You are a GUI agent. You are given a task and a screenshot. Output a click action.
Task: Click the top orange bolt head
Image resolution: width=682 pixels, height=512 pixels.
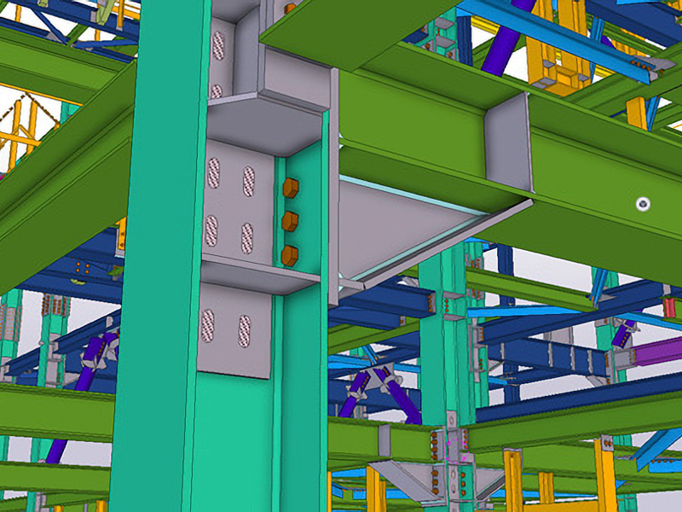tap(290, 188)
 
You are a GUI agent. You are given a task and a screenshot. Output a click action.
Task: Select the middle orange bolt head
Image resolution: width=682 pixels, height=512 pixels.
tap(290, 221)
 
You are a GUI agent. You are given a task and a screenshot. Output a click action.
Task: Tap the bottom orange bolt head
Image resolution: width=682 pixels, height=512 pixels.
tap(290, 255)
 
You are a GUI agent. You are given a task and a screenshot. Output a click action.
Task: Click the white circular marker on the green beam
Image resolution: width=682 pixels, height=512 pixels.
tap(643, 204)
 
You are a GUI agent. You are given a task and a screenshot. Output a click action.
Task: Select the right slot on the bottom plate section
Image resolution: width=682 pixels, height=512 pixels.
tap(244, 329)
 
